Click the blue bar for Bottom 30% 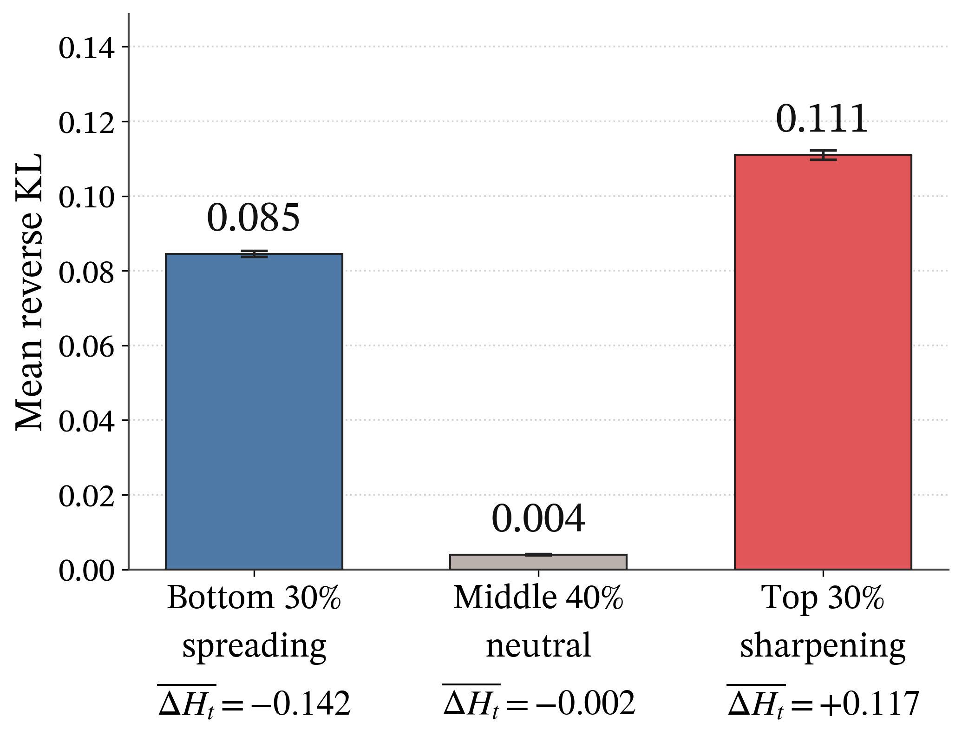point(254,412)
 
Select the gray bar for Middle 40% point(538,562)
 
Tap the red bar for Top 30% point(823,362)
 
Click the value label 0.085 point(254,218)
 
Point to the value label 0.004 point(538,519)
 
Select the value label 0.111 point(822,119)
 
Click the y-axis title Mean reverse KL point(29,292)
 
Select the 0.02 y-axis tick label point(86,496)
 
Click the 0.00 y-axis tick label point(86,571)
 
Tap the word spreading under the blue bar point(255,647)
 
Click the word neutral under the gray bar point(539,645)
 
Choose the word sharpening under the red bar point(823,647)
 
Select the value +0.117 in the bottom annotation point(869,704)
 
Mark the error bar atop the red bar point(823,155)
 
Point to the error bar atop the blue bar point(254,254)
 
